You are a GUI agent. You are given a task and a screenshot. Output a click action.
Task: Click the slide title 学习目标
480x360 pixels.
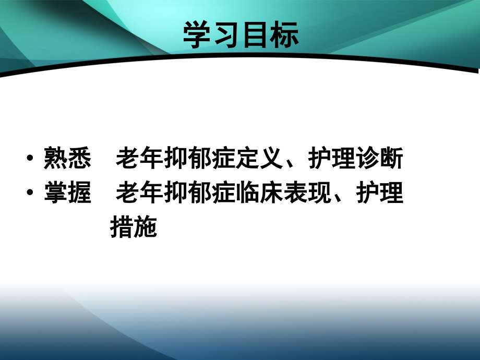pos(241,36)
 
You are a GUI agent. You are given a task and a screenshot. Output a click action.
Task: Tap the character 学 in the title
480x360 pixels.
pos(197,36)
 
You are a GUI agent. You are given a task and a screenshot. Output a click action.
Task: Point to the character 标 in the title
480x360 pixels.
pos(284,36)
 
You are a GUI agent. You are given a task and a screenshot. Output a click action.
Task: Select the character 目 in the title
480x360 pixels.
pos(255,36)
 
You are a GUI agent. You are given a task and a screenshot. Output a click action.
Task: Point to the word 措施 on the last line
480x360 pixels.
pos(134,228)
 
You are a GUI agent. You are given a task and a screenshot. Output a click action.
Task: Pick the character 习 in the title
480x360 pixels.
pos(226,36)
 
